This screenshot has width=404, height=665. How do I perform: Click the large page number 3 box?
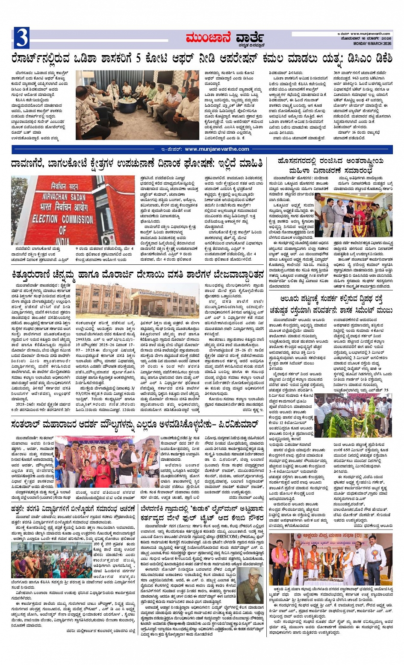click(x=22, y=38)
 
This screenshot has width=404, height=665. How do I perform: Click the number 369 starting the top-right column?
click(x=339, y=73)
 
